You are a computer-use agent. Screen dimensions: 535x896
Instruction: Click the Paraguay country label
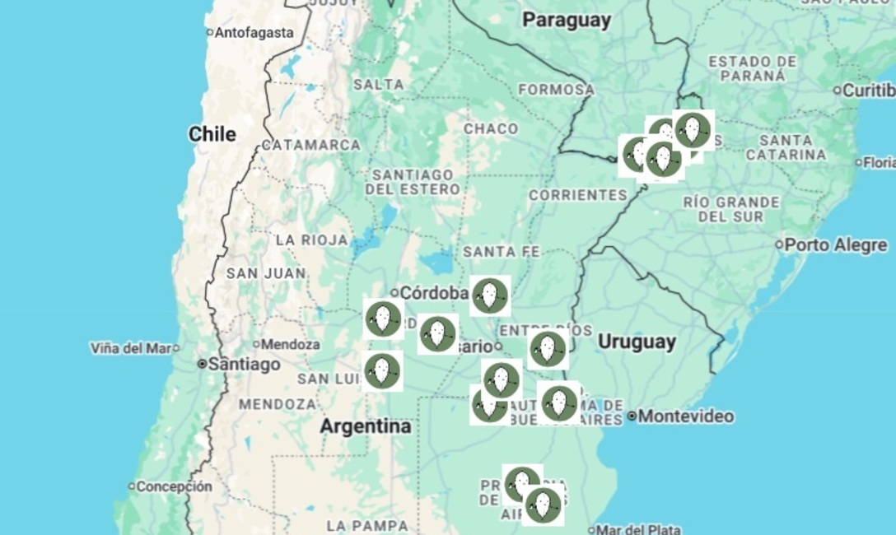coord(567,21)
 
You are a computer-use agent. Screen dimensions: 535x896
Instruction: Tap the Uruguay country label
coord(637,342)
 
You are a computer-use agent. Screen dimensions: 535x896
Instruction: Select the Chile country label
coord(212,134)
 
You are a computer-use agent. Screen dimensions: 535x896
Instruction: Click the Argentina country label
coord(365,426)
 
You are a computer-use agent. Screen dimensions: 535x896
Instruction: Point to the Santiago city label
coord(244,364)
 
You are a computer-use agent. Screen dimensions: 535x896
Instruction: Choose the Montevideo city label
coord(685,416)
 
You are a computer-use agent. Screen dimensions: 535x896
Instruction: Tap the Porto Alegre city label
coord(835,244)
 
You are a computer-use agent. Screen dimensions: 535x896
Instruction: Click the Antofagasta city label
coord(254,33)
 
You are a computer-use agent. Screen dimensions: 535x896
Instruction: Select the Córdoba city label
coord(434,292)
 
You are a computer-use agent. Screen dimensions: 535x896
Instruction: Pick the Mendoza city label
coord(291,344)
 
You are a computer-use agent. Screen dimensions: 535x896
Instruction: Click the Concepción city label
coord(174,486)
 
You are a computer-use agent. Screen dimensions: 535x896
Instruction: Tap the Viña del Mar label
coord(131,348)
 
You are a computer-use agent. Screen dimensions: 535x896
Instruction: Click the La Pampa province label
coord(366,525)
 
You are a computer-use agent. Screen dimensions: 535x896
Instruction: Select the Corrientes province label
coord(577,195)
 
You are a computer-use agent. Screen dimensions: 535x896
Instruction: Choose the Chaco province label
coord(491,129)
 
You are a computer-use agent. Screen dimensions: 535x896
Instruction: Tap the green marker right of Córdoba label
coord(490,295)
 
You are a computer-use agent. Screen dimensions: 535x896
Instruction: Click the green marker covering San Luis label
coord(382,371)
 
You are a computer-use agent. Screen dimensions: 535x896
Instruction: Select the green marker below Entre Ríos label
coord(548,349)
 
